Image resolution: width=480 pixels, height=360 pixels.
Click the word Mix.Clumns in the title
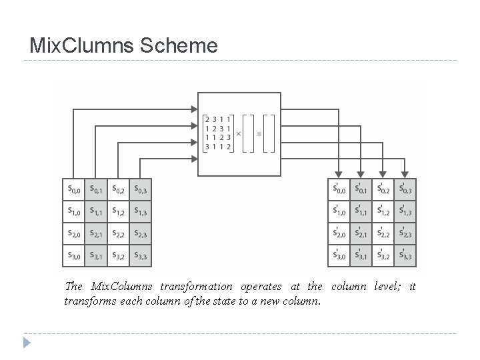85,45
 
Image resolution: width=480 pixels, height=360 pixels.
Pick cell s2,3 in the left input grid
141,233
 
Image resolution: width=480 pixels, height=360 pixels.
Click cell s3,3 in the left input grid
141,255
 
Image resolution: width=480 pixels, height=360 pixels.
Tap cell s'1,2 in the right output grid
383,212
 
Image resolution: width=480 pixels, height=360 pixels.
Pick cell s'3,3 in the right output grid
405,255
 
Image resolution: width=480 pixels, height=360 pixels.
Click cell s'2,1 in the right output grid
361,233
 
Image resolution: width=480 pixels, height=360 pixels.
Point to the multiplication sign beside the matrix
239,133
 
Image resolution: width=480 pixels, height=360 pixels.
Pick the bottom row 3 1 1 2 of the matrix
219,147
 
